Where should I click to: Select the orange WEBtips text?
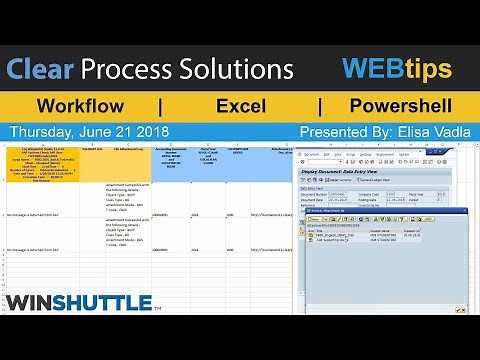pos(396,69)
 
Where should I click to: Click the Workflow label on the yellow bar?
pos(80,106)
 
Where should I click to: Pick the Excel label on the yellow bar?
pos(240,106)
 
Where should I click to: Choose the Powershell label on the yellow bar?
pos(400,106)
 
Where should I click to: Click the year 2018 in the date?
pos(150,132)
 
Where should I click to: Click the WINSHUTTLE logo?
pos(78,301)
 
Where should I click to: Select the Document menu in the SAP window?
pos(310,155)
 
